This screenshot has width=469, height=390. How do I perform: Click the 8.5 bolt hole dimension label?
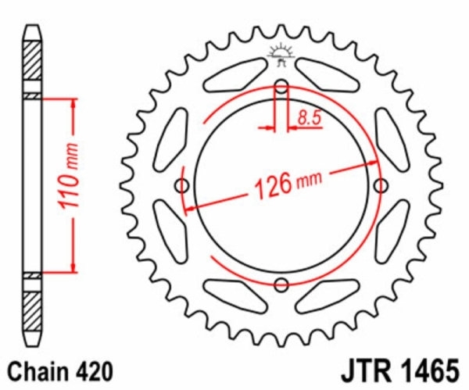(310, 117)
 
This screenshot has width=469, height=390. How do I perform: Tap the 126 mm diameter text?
(288, 184)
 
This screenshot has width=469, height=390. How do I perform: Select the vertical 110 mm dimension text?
(69, 176)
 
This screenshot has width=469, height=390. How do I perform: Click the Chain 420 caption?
(60, 372)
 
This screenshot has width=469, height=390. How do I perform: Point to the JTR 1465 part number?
(400, 372)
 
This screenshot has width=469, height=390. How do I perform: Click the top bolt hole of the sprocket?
(281, 87)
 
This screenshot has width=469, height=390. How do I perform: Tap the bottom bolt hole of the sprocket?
(281, 284)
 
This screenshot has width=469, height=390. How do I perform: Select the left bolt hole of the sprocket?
(182, 186)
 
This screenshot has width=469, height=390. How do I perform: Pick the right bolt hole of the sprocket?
(381, 185)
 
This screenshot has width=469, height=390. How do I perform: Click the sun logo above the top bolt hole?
(281, 55)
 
